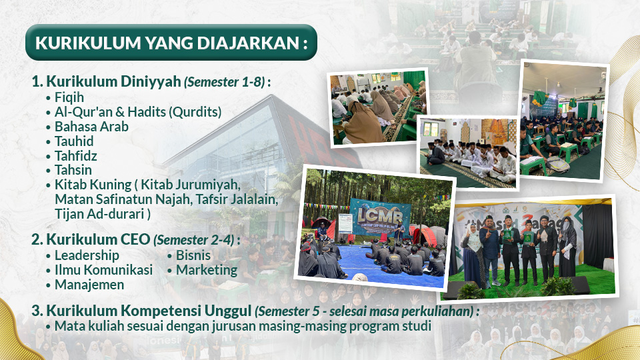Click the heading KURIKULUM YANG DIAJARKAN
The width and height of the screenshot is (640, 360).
[171, 43]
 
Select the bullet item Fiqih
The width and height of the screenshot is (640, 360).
[69, 97]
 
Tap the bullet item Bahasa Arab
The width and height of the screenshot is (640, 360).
[91, 127]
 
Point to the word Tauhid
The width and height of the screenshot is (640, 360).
[74, 141]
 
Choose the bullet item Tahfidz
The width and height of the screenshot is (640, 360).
[76, 156]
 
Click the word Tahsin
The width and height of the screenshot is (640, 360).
[73, 170]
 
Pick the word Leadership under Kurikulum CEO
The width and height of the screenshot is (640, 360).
[87, 255]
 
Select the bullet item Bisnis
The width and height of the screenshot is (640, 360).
[193, 255]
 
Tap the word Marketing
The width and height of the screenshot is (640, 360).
[207, 270]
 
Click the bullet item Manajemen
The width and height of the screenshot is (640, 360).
[89, 285]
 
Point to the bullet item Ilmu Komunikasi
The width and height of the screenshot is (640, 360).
[104, 270]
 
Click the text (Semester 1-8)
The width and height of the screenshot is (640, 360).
[225, 82]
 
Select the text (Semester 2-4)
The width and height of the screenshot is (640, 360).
[194, 240]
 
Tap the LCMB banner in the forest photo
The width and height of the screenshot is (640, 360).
[379, 217]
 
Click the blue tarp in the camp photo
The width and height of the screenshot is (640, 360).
[379, 265]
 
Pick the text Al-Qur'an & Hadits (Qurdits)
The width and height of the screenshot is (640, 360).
[138, 112]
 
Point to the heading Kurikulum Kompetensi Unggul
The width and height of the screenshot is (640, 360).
[149, 311]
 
